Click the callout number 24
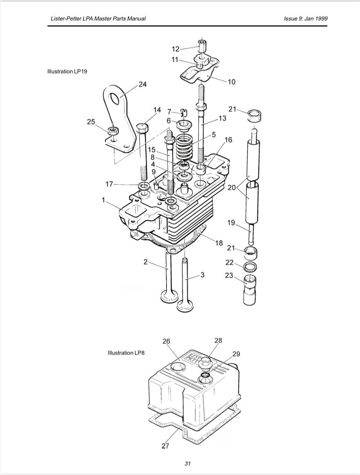point(142,84)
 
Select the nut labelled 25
point(113,131)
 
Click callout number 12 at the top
point(175,49)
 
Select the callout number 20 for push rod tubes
point(231,188)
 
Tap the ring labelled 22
point(250,267)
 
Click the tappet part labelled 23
point(250,290)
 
